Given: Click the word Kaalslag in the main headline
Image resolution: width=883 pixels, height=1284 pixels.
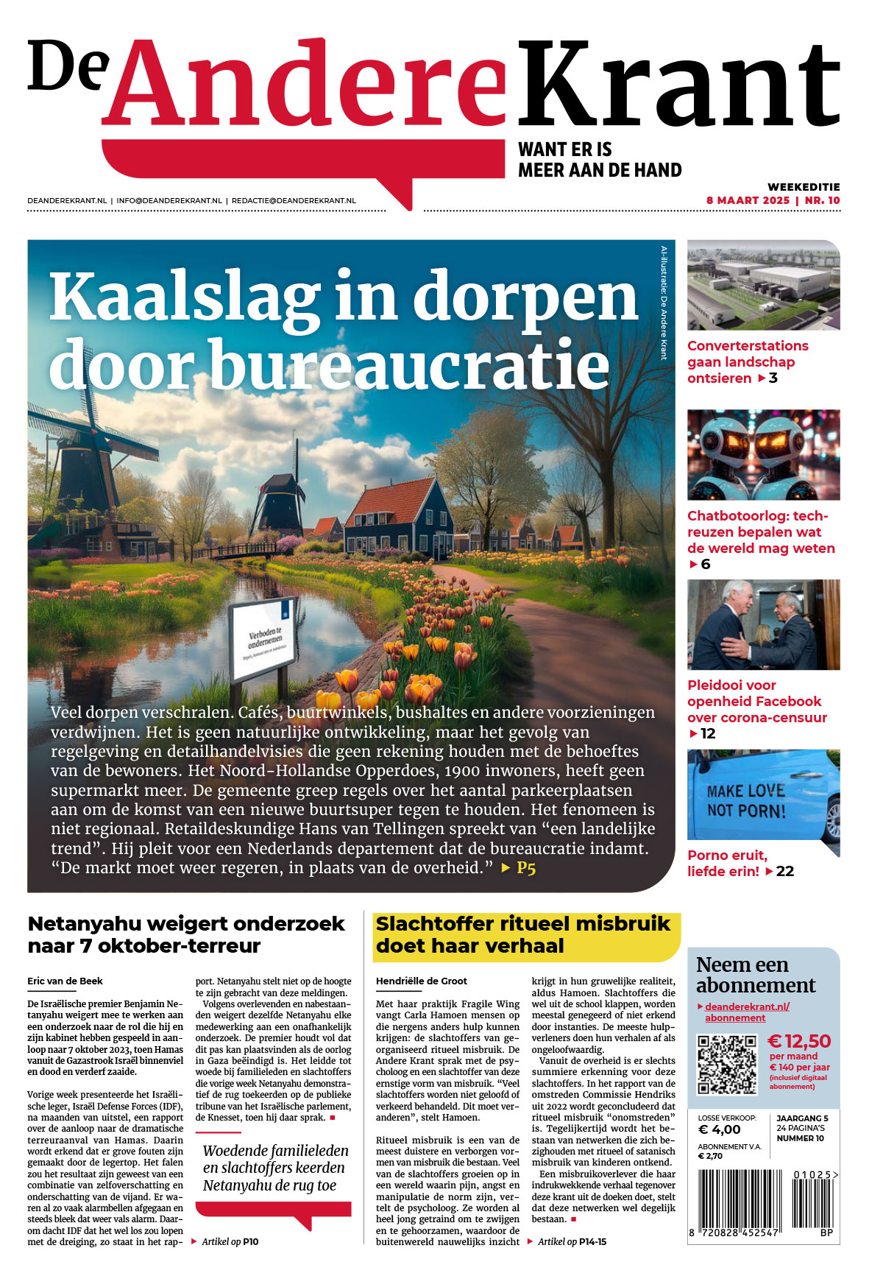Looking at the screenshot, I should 184,297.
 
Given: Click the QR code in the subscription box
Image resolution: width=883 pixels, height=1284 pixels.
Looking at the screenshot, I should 727,1065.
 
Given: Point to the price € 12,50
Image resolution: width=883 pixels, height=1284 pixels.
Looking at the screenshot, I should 799,1041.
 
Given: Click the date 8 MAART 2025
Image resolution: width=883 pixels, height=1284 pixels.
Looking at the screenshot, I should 748,200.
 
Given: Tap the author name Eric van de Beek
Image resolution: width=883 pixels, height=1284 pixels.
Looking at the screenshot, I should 65,981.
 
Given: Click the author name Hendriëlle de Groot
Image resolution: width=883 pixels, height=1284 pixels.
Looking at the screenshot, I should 422,981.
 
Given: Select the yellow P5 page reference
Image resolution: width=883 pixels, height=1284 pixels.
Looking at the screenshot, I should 525,868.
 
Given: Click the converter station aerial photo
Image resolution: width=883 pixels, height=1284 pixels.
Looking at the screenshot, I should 763,285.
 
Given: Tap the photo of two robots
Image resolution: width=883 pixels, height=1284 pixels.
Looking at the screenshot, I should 763,455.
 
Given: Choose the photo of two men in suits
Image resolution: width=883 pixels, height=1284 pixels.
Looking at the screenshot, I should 763,625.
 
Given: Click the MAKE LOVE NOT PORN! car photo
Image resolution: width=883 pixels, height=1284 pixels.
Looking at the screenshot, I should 763,795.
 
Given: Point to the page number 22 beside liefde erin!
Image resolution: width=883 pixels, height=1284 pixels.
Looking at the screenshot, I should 785,872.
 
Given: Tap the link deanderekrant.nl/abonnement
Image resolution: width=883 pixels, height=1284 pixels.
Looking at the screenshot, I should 746,1012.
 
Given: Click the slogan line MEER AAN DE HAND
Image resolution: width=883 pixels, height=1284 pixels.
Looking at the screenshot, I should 600,170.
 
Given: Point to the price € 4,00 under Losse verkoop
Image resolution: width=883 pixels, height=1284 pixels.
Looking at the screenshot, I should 719,1129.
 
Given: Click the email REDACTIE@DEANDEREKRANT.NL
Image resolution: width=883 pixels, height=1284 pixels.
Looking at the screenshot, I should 294,200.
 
